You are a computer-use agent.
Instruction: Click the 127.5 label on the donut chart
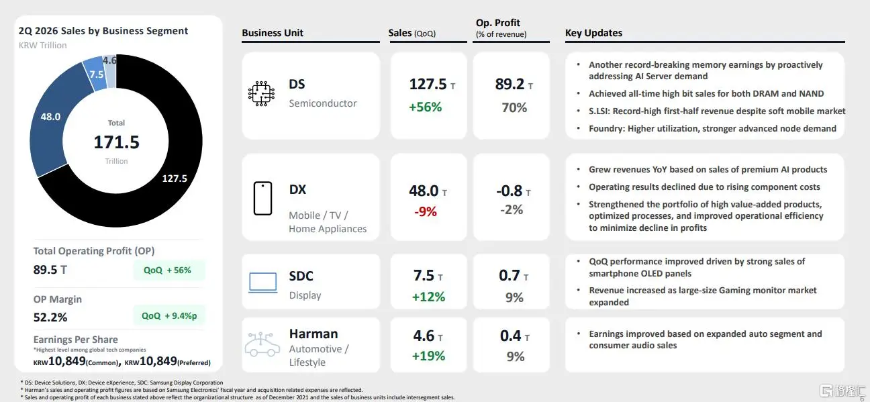click(175, 179)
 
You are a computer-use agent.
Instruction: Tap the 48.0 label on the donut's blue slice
click(50, 117)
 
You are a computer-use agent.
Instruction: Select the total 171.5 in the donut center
click(117, 142)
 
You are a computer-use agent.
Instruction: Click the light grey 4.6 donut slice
click(111, 71)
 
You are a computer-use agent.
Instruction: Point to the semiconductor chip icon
click(261, 93)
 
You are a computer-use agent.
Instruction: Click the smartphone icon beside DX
click(263, 198)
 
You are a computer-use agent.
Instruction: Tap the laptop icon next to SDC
click(263, 283)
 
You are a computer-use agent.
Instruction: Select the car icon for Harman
click(262, 344)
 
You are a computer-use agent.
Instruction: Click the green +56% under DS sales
click(426, 107)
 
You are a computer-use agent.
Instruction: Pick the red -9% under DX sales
click(426, 211)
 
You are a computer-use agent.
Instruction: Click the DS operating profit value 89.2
click(510, 85)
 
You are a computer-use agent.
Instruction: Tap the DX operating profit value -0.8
click(510, 191)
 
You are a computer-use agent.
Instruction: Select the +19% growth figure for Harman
click(428, 356)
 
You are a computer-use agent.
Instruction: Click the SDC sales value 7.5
click(424, 275)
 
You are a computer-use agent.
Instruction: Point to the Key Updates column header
click(593, 33)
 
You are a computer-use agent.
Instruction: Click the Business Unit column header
click(273, 33)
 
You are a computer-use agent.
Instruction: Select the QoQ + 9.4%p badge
click(168, 315)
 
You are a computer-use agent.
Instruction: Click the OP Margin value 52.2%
click(50, 317)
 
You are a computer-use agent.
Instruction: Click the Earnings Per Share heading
click(75, 340)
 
